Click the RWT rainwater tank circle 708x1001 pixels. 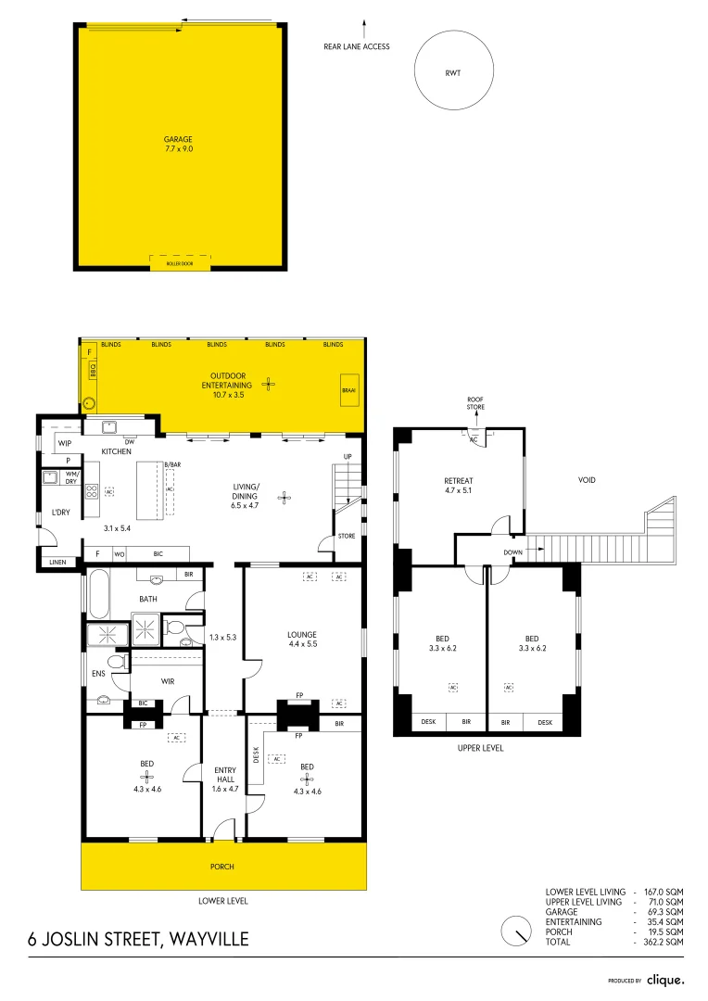tap(452, 71)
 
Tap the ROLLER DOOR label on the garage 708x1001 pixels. tap(180, 263)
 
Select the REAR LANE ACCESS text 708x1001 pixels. tap(357, 46)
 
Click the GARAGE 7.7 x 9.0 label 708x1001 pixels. tap(180, 144)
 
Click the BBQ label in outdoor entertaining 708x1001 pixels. tap(92, 370)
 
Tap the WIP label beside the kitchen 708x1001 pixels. tap(65, 444)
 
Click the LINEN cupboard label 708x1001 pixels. tap(57, 561)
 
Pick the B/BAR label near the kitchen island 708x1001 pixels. tap(171, 463)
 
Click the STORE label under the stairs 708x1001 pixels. tap(347, 535)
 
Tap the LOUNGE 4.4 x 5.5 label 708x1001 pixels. tap(302, 640)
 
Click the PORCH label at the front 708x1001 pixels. tap(222, 867)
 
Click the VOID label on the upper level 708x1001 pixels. tap(587, 480)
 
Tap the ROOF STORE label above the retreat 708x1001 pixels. tap(475, 403)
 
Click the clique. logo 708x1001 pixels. tap(665, 979)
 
